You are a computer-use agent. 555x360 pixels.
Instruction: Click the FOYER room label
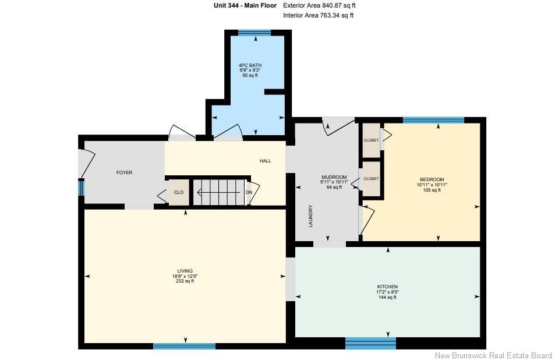[x=124, y=172]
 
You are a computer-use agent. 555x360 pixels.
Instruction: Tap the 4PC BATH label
[x=250, y=65]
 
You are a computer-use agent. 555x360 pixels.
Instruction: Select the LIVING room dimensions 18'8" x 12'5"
[x=185, y=276]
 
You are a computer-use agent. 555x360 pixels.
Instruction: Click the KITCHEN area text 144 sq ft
[x=387, y=297]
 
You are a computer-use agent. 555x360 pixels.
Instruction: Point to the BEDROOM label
[x=432, y=179]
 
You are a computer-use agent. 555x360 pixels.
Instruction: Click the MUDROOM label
[x=334, y=177]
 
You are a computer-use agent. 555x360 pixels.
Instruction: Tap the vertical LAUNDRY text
[x=311, y=216]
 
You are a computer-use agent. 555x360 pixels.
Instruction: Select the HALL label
[x=266, y=161]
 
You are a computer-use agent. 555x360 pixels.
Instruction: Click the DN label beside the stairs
[x=249, y=192]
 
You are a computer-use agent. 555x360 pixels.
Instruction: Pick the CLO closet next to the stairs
[x=179, y=192]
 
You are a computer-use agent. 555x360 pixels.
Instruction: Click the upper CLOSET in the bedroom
[x=372, y=140]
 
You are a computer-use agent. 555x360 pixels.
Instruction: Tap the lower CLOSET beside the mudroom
[x=372, y=179]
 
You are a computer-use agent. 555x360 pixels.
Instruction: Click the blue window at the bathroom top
[x=254, y=33]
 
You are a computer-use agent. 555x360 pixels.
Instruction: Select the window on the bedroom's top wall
[x=433, y=120]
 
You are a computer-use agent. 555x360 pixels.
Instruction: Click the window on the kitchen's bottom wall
[x=370, y=343]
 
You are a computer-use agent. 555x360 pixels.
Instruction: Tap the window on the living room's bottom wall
[x=185, y=346]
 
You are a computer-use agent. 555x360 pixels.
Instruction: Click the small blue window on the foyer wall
[x=81, y=188]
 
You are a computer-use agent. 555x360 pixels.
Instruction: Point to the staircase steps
[x=219, y=192]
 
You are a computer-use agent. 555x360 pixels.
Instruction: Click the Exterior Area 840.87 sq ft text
[x=319, y=5]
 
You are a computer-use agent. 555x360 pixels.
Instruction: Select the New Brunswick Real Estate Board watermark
[x=493, y=355]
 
